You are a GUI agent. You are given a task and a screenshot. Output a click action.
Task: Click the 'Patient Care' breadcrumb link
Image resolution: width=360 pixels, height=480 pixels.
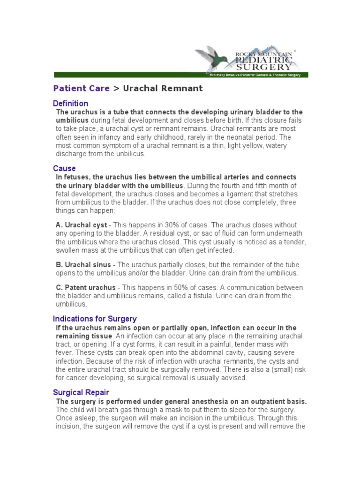coord(81,88)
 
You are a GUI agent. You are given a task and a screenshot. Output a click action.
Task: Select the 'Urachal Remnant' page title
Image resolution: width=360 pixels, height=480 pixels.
coord(163,88)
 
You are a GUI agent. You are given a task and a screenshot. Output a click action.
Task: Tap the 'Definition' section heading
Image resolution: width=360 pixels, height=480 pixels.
coord(70,104)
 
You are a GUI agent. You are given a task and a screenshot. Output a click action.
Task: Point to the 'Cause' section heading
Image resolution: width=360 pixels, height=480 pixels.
coord(64,168)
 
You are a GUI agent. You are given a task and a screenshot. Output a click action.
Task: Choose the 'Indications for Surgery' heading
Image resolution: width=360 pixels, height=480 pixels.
coord(95,319)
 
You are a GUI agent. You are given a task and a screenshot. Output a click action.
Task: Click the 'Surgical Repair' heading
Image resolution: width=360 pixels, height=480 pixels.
coord(81,393)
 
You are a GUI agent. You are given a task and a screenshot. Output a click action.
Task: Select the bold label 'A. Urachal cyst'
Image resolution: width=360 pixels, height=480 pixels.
coord(82,225)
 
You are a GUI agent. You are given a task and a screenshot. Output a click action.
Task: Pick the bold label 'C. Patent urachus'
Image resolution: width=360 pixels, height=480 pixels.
coord(85,287)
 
